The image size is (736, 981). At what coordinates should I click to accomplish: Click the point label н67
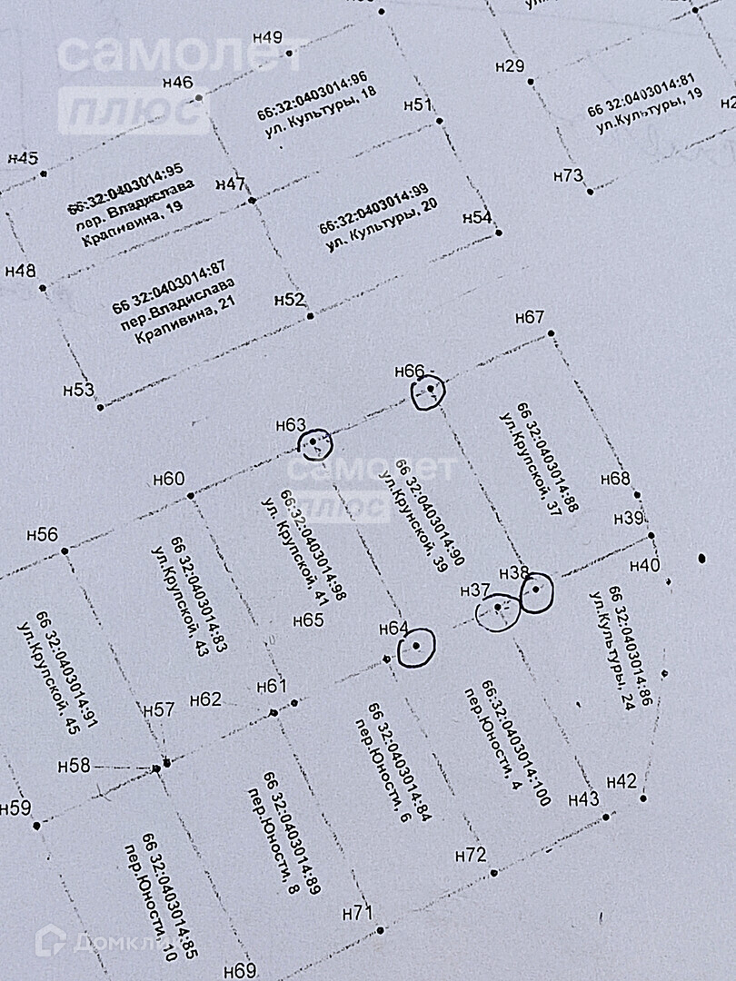[529, 318]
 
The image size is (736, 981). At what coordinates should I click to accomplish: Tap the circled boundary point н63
[315, 443]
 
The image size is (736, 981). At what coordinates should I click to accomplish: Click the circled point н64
[416, 647]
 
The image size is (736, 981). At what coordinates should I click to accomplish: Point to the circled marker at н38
[536, 591]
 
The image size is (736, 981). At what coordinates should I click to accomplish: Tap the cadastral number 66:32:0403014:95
[125, 187]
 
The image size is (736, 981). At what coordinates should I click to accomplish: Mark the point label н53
[79, 390]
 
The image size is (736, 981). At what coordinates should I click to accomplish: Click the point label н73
[568, 176]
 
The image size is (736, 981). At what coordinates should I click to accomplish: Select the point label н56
[43, 535]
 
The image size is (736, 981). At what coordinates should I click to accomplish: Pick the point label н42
[622, 781]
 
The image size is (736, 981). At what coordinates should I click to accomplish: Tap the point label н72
[471, 855]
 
